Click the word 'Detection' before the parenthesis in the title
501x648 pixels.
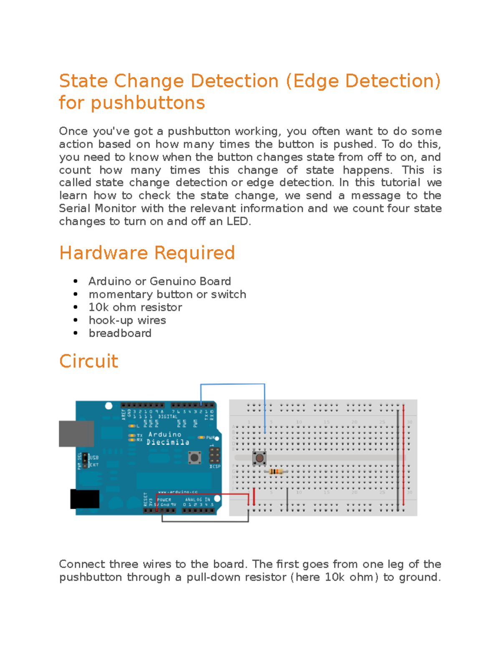tap(234, 81)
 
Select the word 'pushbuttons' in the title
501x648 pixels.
tap(148, 103)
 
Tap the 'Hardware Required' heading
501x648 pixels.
tap(147, 253)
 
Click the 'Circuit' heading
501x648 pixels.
tap(89, 361)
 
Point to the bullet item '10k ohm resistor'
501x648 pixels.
tap(135, 308)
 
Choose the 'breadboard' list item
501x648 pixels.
tap(120, 333)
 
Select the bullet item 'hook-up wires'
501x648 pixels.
tap(127, 320)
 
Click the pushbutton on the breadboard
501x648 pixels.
tap(259, 458)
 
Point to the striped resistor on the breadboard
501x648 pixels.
tap(276, 472)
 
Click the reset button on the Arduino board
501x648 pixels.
tap(194, 458)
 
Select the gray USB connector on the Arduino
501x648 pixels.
tap(76, 434)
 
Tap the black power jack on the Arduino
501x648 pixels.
tap(85, 499)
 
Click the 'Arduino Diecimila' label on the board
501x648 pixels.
tap(167, 438)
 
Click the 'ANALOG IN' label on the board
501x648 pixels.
tap(197, 499)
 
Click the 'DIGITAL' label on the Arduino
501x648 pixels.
tap(167, 416)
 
